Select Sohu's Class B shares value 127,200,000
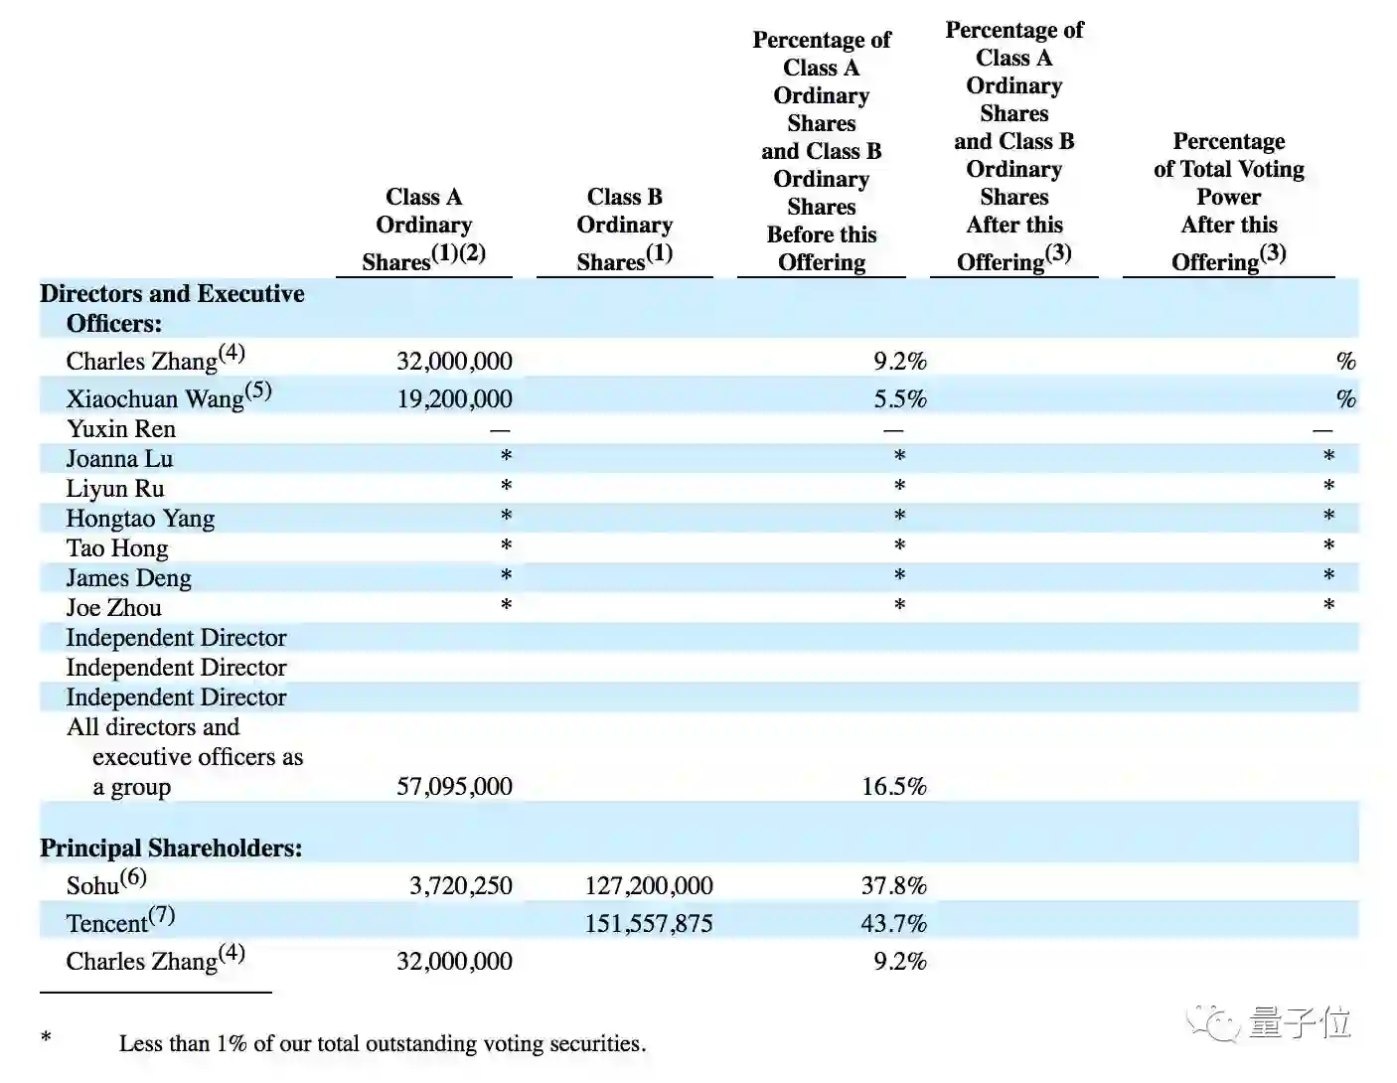point(648,885)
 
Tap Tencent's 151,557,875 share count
point(648,923)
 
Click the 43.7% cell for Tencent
point(893,923)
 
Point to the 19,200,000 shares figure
point(454,398)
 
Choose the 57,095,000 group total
point(454,786)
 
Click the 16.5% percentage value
point(893,786)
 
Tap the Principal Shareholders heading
point(171,848)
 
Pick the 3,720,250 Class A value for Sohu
point(460,885)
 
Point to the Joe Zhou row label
point(113,607)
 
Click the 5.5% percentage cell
point(899,398)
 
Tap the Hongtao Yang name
point(140,518)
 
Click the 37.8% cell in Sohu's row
point(893,885)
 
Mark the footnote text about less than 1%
point(383,1043)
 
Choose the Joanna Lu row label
point(119,458)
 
